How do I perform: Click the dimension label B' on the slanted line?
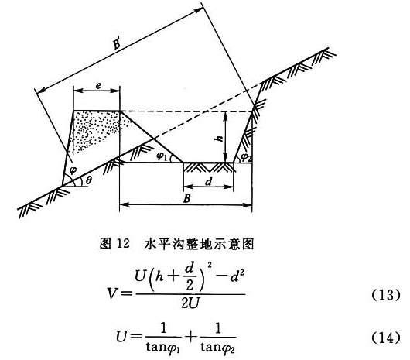(x=117, y=43)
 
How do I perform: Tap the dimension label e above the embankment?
(x=98, y=86)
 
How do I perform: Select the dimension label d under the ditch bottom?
(x=208, y=181)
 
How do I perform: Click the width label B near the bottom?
(x=186, y=198)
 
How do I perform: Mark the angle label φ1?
(x=162, y=156)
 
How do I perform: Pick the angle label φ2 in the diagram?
(x=245, y=156)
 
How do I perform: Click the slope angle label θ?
(x=89, y=180)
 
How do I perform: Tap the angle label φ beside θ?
(x=73, y=170)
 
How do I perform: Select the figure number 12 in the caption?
(x=123, y=244)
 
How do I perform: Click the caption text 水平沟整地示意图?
(x=199, y=244)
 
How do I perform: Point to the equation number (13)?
(x=386, y=295)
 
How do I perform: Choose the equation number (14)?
(x=386, y=338)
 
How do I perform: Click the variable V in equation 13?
(x=112, y=293)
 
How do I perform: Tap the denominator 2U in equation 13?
(x=190, y=303)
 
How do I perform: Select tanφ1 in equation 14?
(x=163, y=348)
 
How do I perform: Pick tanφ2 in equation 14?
(x=218, y=348)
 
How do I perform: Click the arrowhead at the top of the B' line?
(x=200, y=10)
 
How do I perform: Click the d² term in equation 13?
(x=237, y=276)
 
